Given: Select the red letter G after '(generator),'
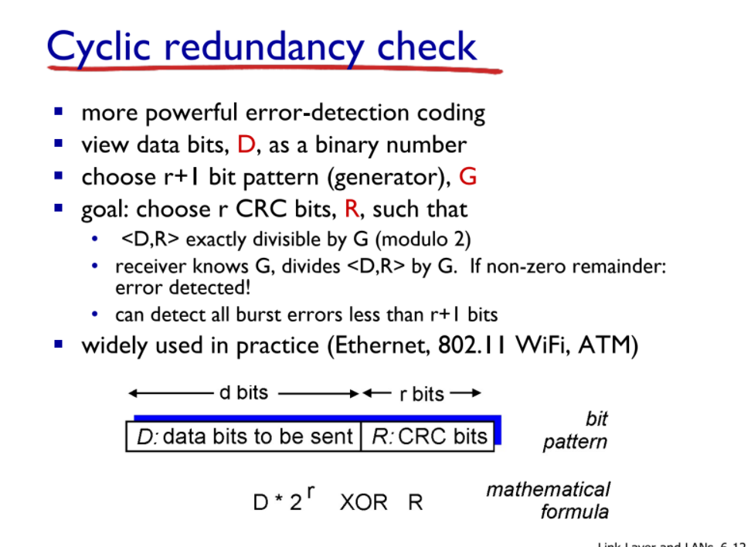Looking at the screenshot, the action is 467,177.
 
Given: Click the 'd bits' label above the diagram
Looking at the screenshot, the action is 243,392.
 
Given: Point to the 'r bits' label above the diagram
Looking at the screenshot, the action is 422,394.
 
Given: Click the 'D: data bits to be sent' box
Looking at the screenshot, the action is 244,437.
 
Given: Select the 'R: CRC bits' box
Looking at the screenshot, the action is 428,437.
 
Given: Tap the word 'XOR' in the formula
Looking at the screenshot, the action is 363,502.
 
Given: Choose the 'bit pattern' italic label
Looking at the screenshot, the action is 575,430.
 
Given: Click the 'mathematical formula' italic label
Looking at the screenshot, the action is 548,501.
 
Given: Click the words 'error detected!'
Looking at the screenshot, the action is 183,288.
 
